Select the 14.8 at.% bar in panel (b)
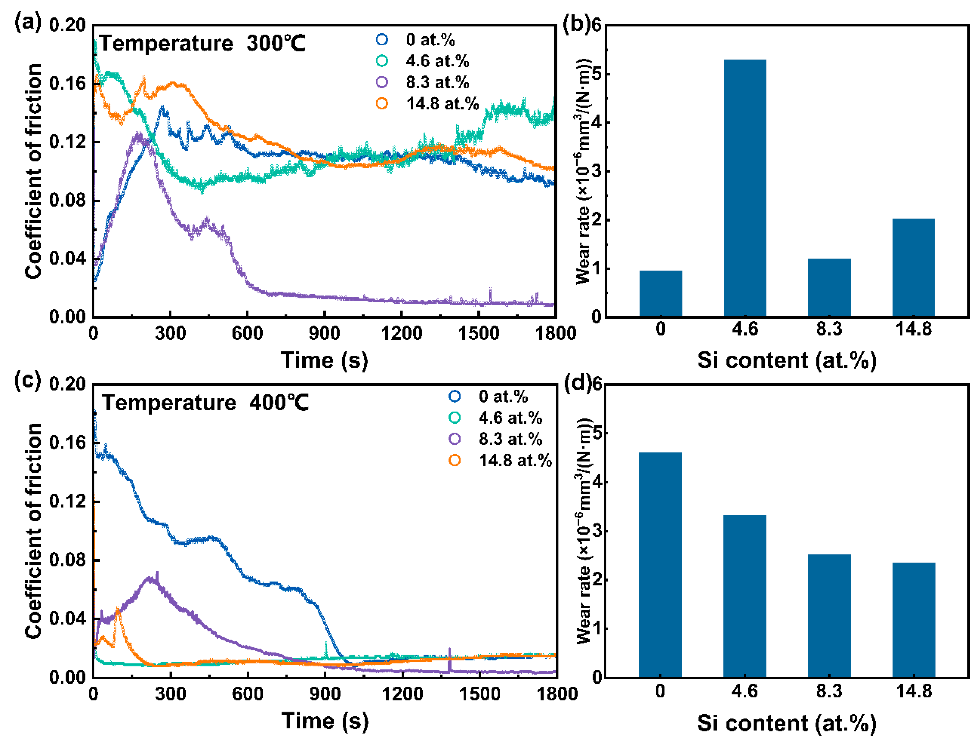click(913, 267)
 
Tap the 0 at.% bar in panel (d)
click(660, 565)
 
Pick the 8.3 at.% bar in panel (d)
click(829, 616)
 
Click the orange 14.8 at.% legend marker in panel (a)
click(382, 104)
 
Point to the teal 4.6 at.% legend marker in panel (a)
click(382, 61)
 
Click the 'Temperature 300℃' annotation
click(202, 44)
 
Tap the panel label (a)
click(28, 22)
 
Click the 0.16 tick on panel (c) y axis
click(67, 443)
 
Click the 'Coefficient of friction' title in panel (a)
click(34, 171)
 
